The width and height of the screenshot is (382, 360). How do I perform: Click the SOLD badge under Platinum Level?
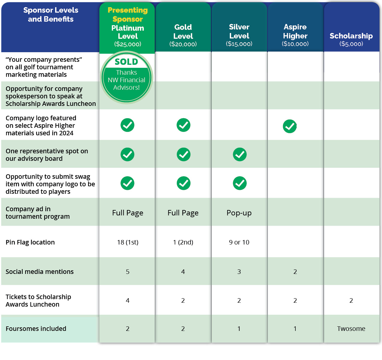click(126, 78)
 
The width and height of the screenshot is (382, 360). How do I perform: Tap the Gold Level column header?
click(183, 35)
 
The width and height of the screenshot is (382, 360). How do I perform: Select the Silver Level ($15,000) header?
click(239, 35)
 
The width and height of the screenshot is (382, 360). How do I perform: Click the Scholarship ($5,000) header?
click(351, 39)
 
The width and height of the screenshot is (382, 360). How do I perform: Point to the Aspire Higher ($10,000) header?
click(295, 35)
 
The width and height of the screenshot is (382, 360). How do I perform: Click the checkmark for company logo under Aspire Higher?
click(290, 126)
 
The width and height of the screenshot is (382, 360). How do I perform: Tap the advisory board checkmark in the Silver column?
click(240, 154)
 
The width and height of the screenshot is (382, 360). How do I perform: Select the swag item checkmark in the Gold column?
click(183, 183)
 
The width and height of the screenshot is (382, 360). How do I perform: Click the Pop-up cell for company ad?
click(239, 213)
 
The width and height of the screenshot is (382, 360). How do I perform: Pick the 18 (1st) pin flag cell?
click(128, 242)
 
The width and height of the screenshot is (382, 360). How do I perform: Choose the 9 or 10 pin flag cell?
click(239, 242)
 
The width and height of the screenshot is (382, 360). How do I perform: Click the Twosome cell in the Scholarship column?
click(351, 328)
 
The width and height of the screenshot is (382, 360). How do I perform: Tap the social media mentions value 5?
click(128, 271)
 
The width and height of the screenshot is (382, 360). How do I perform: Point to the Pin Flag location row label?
click(30, 242)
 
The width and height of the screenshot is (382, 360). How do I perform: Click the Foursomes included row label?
click(36, 328)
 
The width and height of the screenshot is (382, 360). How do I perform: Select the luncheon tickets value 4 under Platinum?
click(128, 300)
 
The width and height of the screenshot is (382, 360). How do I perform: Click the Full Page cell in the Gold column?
click(183, 213)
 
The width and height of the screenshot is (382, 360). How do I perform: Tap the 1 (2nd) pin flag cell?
click(183, 242)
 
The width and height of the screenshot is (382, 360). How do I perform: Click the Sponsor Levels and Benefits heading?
click(51, 14)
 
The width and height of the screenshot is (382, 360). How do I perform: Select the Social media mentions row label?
click(40, 271)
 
